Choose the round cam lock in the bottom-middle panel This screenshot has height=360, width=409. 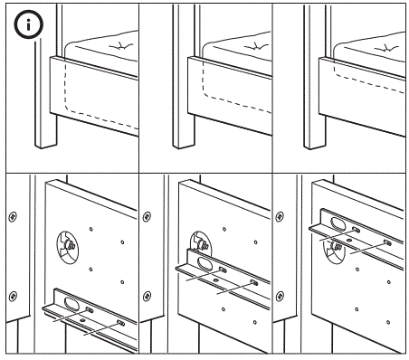(201, 245)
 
